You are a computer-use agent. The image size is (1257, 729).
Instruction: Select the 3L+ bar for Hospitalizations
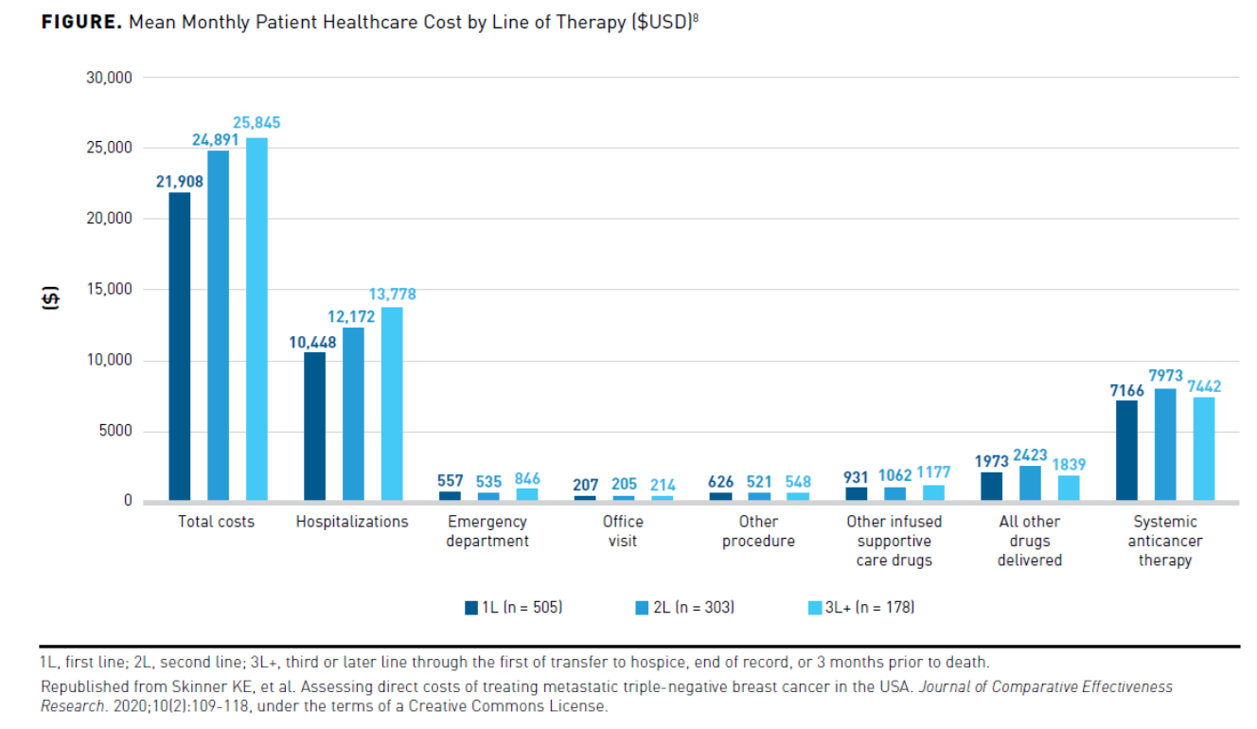pos(392,403)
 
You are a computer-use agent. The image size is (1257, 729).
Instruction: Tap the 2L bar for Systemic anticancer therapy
pos(1165,443)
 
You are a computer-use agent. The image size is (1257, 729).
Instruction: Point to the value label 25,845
pos(257,123)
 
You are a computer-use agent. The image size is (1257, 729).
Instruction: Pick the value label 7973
pos(1165,376)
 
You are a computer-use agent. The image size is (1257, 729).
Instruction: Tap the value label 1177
pos(933,472)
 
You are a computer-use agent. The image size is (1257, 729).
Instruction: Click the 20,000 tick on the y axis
pos(107,219)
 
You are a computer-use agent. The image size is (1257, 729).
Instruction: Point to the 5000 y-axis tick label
pos(114,432)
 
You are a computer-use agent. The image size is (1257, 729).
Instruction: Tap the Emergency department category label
pos(487,531)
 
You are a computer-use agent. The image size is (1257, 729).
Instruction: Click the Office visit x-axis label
pos(622,531)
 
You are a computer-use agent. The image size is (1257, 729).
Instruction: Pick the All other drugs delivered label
pos(1029,541)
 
